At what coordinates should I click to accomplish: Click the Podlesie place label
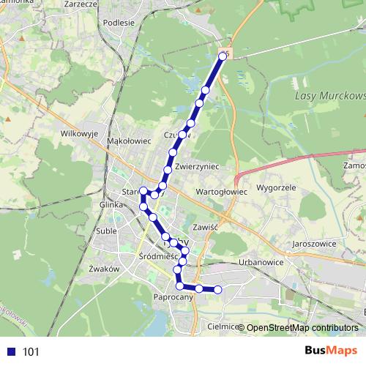119,22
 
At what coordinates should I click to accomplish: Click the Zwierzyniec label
198,167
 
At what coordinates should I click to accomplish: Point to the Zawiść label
208,227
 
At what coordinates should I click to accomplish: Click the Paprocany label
173,297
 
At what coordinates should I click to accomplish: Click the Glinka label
111,206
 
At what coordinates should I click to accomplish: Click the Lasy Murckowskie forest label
329,96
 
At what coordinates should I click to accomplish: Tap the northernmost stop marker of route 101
224,55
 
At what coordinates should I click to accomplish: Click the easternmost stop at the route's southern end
217,290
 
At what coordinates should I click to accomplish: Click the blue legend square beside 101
10,352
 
